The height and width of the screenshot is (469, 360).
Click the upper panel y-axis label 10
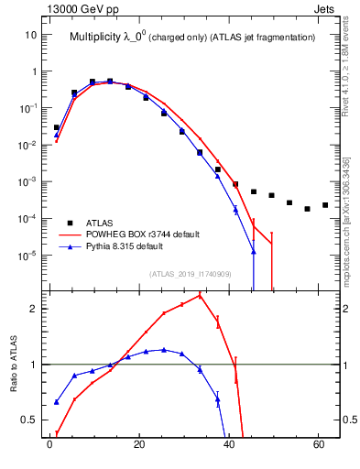30,35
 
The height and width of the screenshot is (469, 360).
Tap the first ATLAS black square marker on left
57,127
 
